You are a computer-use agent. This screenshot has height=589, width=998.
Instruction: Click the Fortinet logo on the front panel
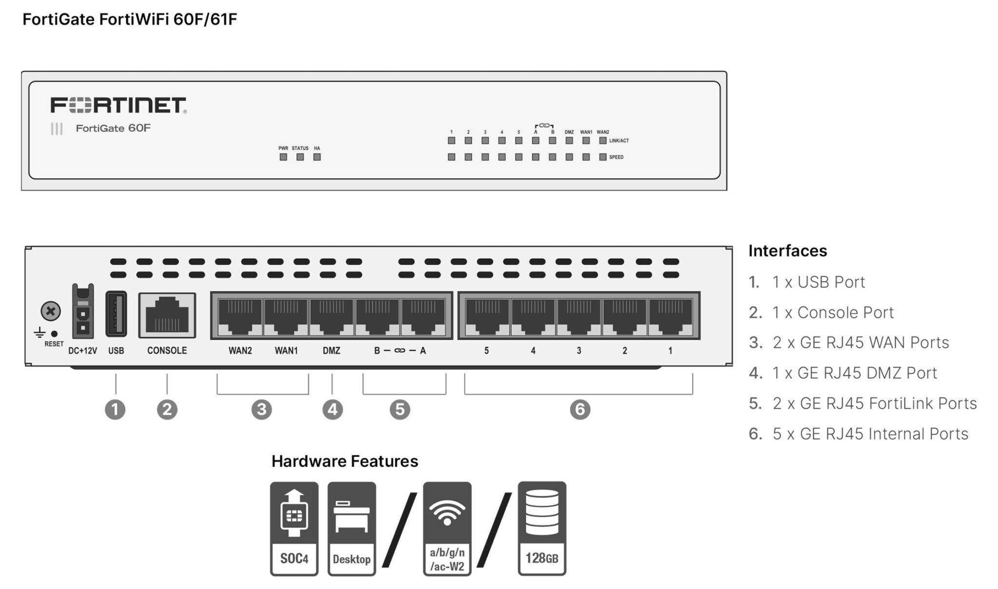(118, 105)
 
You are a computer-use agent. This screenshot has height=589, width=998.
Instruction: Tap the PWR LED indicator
(283, 157)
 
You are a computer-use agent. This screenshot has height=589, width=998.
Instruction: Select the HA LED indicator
(317, 157)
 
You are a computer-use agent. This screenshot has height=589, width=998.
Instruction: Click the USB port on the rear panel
(116, 314)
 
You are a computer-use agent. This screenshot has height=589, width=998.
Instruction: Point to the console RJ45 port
(167, 315)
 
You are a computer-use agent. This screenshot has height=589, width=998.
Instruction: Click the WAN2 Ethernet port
(240, 316)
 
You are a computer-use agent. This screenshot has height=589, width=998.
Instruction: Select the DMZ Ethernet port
(331, 316)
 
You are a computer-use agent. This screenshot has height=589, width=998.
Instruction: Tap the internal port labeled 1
(670, 316)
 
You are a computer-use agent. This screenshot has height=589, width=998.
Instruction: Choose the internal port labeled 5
(487, 316)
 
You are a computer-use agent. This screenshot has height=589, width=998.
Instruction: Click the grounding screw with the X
(51, 311)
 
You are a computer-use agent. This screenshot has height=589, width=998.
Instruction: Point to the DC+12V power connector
(83, 312)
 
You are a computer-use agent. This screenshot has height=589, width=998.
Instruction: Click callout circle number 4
(332, 409)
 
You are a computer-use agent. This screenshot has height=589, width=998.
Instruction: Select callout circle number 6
(580, 409)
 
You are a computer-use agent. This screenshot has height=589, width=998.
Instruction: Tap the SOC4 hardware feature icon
(294, 529)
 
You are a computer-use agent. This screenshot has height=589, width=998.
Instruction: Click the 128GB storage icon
(542, 529)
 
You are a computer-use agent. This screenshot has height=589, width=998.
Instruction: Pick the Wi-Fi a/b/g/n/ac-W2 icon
(447, 529)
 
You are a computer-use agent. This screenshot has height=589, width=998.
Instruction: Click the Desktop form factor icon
(351, 529)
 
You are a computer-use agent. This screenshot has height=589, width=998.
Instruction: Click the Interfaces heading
(787, 251)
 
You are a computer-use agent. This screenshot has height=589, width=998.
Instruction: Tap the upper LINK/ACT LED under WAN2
(603, 140)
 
